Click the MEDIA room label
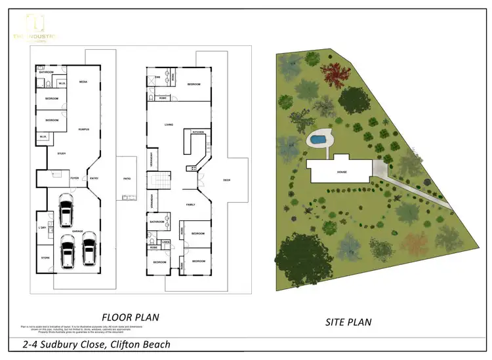tap(83, 82)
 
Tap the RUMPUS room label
tap(83, 129)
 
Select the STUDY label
tap(61, 153)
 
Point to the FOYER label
tap(75, 178)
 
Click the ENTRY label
tap(94, 178)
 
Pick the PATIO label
tap(127, 178)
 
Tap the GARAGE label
tap(77, 231)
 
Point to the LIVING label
tap(169, 124)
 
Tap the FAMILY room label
tap(190, 204)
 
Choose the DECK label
tap(227, 180)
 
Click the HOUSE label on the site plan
tap(342, 172)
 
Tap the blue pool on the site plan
tap(318, 139)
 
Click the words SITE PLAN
tap(349, 322)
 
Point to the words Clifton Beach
tap(138, 344)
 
